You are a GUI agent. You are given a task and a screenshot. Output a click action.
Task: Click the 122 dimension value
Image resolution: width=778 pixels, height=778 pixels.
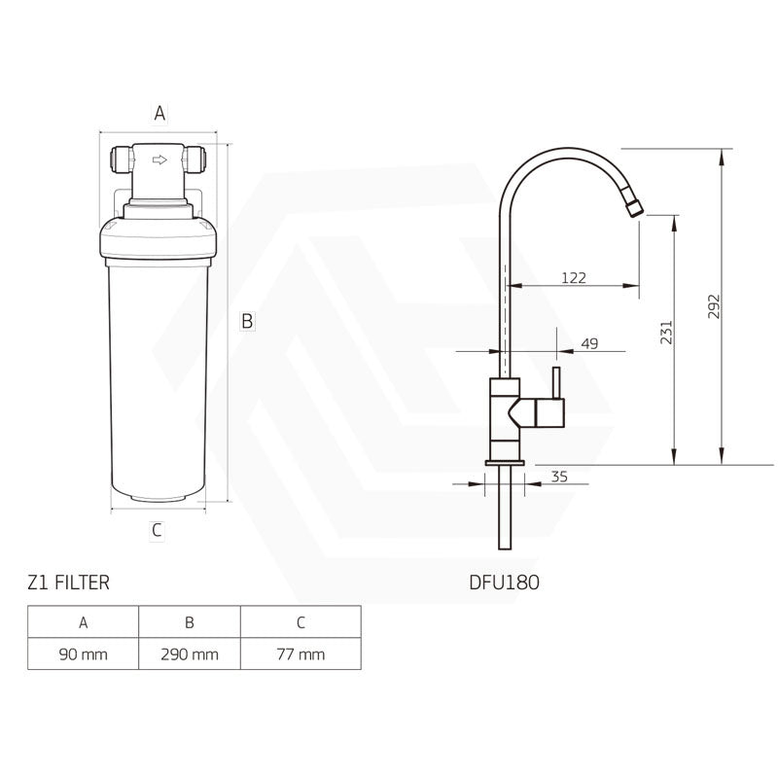[x=574, y=277]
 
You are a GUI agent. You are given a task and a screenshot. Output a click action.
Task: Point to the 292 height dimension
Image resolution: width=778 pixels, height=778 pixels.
[x=714, y=306]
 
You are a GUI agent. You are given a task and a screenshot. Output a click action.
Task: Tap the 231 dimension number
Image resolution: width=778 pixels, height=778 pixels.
[x=666, y=332]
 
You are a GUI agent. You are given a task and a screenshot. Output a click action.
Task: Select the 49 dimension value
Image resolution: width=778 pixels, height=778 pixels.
[x=589, y=343]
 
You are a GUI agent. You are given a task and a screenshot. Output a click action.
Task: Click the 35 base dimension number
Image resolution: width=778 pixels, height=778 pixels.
[x=559, y=477]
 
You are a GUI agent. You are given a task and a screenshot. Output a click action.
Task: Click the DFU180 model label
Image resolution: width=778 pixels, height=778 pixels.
[x=504, y=583]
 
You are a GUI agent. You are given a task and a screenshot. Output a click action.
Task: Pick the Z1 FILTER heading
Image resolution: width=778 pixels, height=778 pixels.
[x=68, y=583]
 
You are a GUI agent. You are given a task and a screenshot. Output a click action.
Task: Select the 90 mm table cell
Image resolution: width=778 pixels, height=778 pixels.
[x=84, y=654]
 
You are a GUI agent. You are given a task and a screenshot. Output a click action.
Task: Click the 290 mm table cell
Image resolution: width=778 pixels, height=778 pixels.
[x=190, y=654]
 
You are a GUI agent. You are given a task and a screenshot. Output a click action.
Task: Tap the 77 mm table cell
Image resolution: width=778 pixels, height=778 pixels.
[x=301, y=654]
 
